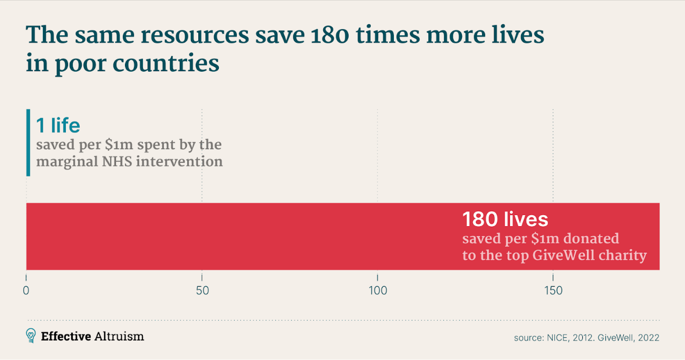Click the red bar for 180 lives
(x=237, y=236)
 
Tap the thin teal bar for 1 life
(x=28, y=142)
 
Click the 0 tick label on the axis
(x=26, y=290)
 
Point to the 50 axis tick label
(x=202, y=290)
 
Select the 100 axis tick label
(x=378, y=290)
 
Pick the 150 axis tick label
(x=553, y=290)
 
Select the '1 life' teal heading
(x=58, y=125)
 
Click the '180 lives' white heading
(x=505, y=219)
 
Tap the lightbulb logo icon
(x=31, y=336)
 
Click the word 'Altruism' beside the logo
(x=119, y=336)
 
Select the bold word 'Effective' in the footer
(x=66, y=336)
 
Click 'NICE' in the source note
(x=554, y=337)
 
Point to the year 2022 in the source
(x=648, y=337)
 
